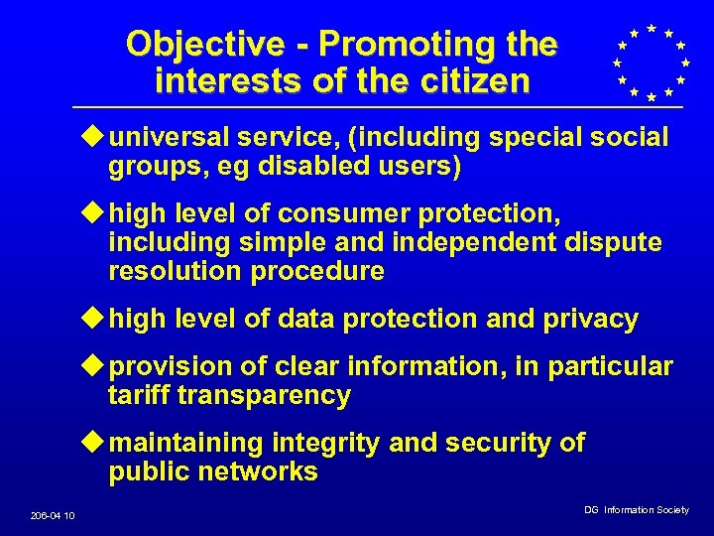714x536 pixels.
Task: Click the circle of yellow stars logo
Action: (651, 62)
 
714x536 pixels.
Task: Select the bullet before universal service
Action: (96, 137)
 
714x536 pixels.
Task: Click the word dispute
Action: (614, 242)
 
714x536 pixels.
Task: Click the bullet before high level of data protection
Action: (96, 319)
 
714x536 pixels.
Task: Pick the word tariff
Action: (139, 396)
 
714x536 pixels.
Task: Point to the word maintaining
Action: (186, 443)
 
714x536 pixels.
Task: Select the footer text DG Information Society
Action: (636, 510)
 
